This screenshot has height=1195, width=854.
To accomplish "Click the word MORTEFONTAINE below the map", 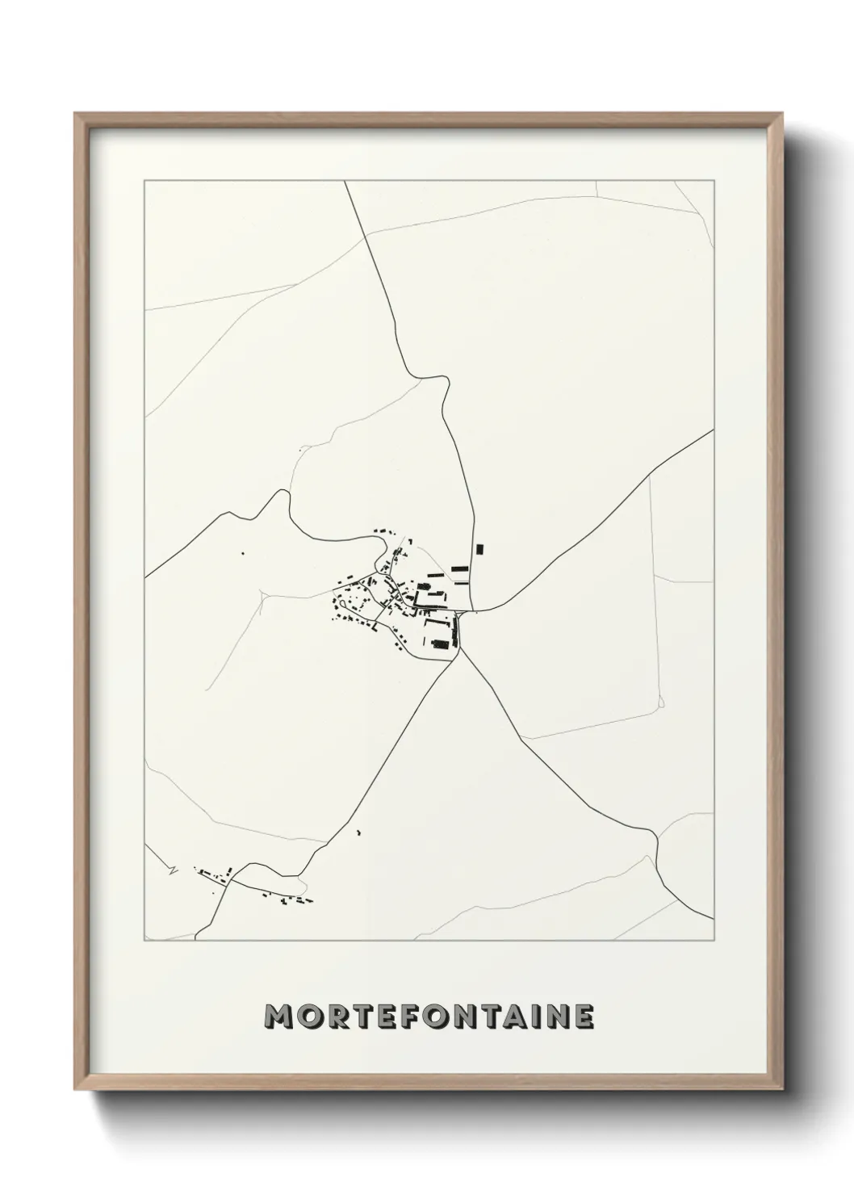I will point(430,1017).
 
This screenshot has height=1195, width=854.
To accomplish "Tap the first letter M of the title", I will point(278,1017).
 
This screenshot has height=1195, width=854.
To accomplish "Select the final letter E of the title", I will point(584,1017).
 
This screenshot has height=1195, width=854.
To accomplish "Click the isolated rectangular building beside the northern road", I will point(479,549).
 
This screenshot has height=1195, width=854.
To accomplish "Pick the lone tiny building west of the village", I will point(241,553).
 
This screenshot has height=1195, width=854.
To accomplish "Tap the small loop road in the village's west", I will point(345,602).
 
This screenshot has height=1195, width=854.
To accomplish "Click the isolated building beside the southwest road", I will point(358,832).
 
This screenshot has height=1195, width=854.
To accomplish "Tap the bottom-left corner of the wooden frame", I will point(77,1088).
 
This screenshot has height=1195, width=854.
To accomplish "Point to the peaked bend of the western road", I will point(283,492).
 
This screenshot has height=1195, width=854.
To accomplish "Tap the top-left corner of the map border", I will point(144,181).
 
